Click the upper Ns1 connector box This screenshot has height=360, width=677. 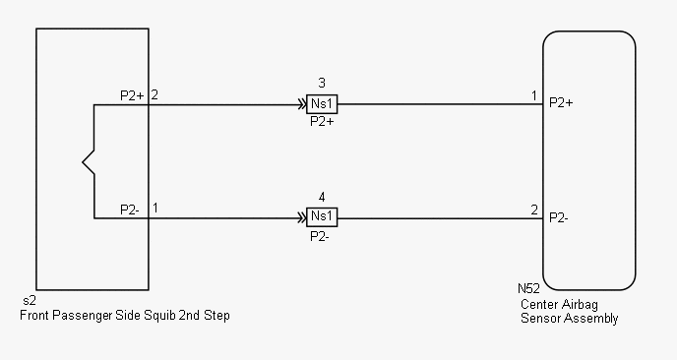pyautogui.click(x=322, y=104)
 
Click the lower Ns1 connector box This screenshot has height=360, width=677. pyautogui.click(x=322, y=217)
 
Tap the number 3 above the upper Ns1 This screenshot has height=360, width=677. pyautogui.click(x=322, y=83)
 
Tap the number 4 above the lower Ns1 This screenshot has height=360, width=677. pyautogui.click(x=322, y=198)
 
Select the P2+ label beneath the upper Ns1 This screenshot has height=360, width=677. pyautogui.click(x=322, y=122)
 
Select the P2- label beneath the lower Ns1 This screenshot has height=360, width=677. pyautogui.click(x=320, y=236)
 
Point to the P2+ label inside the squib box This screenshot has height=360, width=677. pyautogui.click(x=132, y=95)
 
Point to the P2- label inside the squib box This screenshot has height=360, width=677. pyautogui.click(x=130, y=210)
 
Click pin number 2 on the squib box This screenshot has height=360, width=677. pyautogui.click(x=154, y=95)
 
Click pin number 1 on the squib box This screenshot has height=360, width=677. pyautogui.click(x=155, y=209)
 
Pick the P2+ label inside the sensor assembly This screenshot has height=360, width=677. pyautogui.click(x=561, y=102)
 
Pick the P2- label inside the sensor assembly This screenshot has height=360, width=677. pyautogui.click(x=558, y=218)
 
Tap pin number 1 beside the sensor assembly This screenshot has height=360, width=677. pyautogui.click(x=534, y=95)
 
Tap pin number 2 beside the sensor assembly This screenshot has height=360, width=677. pyautogui.click(x=534, y=210)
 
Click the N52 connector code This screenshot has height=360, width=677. pyautogui.click(x=528, y=288)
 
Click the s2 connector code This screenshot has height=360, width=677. pyautogui.click(x=30, y=301)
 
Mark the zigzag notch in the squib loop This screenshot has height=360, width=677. pyautogui.click(x=89, y=162)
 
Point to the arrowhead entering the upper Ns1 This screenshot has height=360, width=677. pyautogui.click(x=302, y=104)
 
